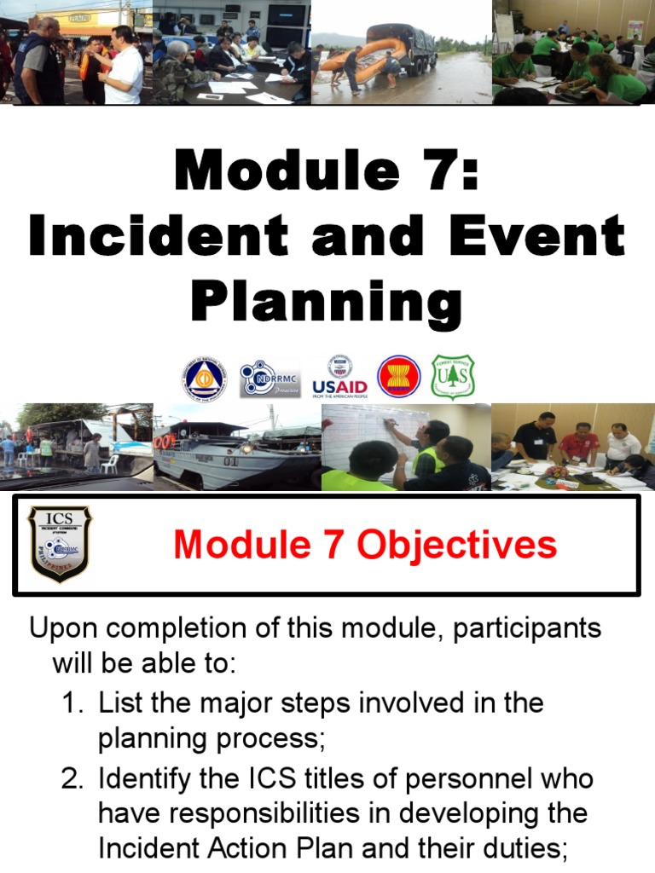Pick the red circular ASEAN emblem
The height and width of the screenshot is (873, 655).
click(x=398, y=377)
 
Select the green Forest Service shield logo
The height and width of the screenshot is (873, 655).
click(x=453, y=377)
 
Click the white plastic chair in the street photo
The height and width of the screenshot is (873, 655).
click(x=109, y=464)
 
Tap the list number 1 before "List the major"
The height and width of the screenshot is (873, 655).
click(x=72, y=703)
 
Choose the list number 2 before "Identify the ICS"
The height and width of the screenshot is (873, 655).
click(x=72, y=778)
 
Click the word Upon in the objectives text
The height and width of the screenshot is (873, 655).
click(x=65, y=629)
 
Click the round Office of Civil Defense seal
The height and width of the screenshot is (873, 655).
click(x=203, y=378)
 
